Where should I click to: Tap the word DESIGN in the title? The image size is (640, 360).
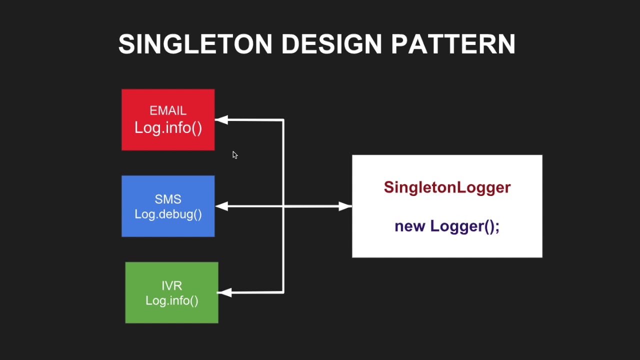[x=331, y=44]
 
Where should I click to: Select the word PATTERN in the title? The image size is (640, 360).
[x=453, y=44]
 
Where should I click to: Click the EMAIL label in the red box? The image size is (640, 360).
[x=168, y=110]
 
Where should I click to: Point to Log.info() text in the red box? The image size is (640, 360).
[x=168, y=127]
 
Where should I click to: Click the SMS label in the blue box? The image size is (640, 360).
[x=168, y=199]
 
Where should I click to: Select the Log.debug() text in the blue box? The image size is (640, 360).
[x=168, y=214]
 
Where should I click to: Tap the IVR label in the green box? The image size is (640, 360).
[x=171, y=285]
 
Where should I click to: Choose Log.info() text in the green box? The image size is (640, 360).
[x=171, y=300]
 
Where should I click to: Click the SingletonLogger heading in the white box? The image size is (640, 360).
[x=447, y=187]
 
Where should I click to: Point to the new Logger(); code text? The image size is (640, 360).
[x=447, y=226]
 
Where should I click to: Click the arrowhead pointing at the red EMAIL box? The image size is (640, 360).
[x=221, y=120]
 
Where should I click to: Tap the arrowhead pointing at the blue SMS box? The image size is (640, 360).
[x=221, y=206]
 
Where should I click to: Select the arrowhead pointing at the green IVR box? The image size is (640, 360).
[x=224, y=292]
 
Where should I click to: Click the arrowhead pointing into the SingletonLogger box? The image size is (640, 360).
[x=345, y=206]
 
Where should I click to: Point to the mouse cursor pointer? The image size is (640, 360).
[x=234, y=154]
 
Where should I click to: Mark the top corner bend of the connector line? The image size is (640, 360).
[x=283, y=120]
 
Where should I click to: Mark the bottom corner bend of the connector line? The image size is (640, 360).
[x=283, y=292]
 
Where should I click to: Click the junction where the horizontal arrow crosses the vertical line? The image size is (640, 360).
[x=283, y=206]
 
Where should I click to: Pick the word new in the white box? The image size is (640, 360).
[x=410, y=226]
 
